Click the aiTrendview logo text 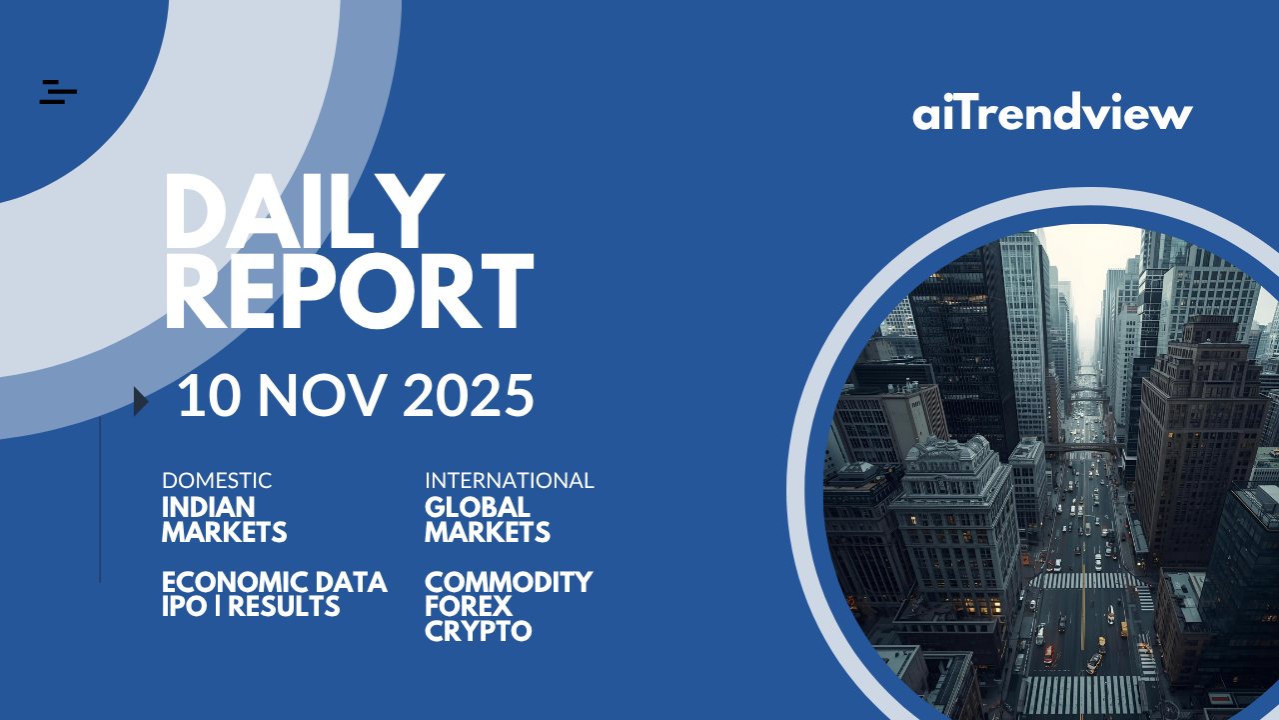[1052, 111]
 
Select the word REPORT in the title [349, 291]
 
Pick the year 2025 [469, 395]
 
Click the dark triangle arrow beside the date [141, 401]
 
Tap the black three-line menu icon [58, 92]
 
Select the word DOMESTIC [217, 481]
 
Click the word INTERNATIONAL [510, 481]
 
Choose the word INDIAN [209, 507]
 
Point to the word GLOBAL [478, 507]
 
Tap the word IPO [185, 606]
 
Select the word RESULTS [284, 606]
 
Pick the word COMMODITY [509, 582]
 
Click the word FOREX [469, 606]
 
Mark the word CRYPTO [479, 631]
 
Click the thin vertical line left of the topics [100, 500]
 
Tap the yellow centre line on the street [1082, 607]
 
